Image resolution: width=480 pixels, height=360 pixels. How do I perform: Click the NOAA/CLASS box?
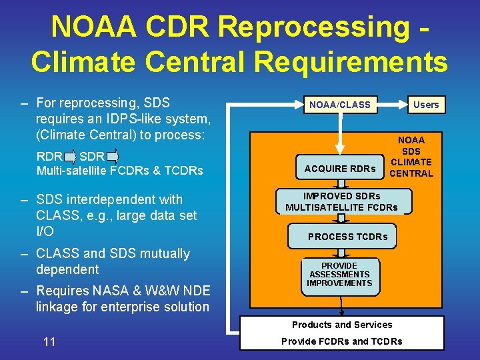(339, 105)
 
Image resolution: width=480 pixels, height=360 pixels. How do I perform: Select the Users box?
(425, 105)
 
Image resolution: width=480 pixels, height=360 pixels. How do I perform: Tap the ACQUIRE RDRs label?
(339, 169)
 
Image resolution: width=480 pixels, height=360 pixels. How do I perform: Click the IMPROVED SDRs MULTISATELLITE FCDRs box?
(341, 202)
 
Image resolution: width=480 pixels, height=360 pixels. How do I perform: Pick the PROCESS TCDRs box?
(347, 237)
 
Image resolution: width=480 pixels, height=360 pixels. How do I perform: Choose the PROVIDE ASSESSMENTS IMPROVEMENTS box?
(339, 274)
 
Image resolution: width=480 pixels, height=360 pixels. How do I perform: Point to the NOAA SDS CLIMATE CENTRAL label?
(411, 157)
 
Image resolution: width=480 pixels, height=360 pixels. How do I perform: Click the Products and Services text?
(342, 325)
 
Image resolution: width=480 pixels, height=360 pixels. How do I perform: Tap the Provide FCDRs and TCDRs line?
(342, 341)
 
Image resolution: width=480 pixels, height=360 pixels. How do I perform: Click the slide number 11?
(49, 342)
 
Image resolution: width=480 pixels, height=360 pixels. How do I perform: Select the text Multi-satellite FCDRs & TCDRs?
(120, 171)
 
